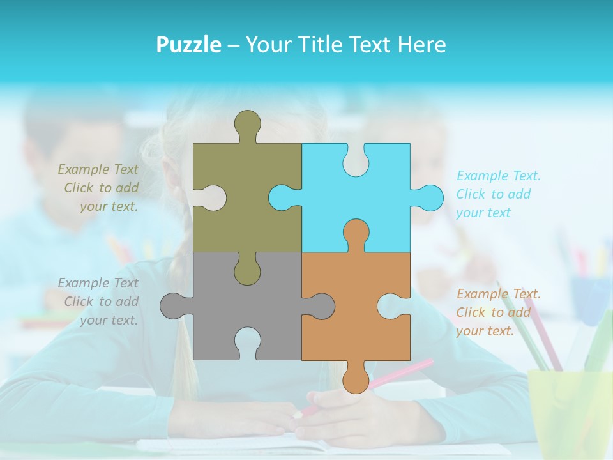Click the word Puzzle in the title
click(189, 45)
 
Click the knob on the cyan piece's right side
click(430, 197)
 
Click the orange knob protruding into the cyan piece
click(356, 232)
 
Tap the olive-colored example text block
click(99, 188)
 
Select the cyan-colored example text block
click(498, 194)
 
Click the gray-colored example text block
click(99, 302)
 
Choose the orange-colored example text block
click(498, 312)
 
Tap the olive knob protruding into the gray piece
click(248, 271)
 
